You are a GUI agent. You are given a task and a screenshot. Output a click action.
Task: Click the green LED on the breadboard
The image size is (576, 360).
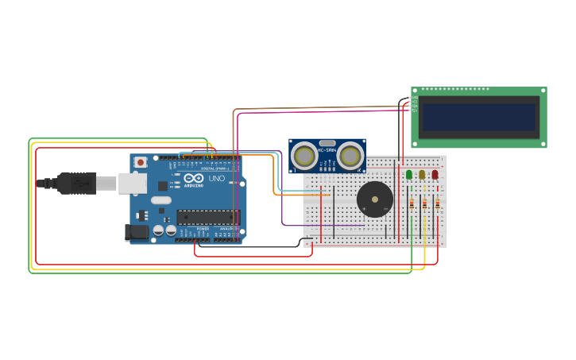[x=409, y=174]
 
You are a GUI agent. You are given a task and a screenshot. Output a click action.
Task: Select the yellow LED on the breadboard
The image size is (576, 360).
[x=422, y=174]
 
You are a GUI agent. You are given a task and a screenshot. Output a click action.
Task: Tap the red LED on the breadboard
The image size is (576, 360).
[x=435, y=174]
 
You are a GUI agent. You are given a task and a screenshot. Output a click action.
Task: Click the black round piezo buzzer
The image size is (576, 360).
[x=374, y=199]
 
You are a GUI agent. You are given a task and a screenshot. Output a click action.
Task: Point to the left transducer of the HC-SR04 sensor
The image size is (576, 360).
[x=303, y=156]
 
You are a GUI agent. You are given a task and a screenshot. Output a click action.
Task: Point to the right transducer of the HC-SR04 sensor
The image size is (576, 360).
[x=350, y=156]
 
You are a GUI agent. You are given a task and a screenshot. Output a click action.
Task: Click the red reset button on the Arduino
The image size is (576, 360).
[x=141, y=162]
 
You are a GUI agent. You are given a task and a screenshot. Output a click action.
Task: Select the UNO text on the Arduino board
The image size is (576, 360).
[x=216, y=178]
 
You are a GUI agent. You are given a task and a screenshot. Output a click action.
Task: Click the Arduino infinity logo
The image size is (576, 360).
[x=194, y=178]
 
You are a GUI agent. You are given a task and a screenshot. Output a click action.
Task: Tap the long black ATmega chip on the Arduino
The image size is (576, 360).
[x=207, y=217]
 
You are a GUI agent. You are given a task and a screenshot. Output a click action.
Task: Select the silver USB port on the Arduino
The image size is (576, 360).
[x=133, y=184]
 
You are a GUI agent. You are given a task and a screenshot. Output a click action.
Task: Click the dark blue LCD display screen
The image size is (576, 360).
[x=479, y=117]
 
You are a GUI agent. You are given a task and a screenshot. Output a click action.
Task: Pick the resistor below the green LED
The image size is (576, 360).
[x=412, y=204]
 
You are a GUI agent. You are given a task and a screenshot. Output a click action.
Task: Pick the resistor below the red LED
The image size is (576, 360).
[x=437, y=204]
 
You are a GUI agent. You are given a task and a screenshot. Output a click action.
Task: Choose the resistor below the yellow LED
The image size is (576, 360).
[x=424, y=204]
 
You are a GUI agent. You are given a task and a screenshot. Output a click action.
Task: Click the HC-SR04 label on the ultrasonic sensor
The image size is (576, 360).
[x=327, y=149]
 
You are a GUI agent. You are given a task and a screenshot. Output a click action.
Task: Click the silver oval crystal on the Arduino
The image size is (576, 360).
[x=161, y=200]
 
